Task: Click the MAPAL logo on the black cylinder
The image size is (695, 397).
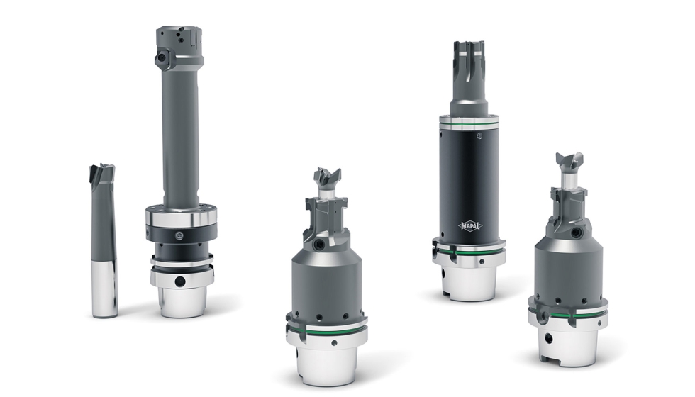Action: click(x=470, y=226)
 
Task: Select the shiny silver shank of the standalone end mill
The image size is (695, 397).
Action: click(x=105, y=288)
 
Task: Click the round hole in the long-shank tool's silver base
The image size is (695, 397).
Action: click(x=180, y=281)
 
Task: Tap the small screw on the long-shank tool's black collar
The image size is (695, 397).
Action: click(x=179, y=235)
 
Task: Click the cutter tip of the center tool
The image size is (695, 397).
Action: click(x=328, y=179)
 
